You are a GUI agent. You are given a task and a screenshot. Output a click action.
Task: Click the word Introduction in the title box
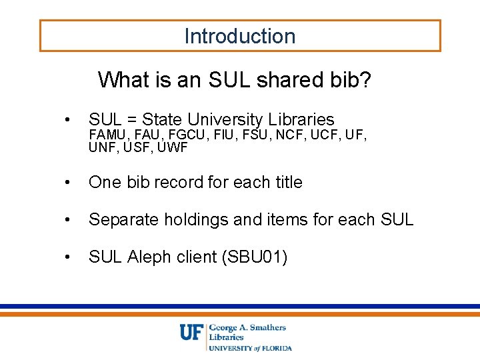click(240, 36)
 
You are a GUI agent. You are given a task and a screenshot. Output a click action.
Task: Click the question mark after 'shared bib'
click(365, 80)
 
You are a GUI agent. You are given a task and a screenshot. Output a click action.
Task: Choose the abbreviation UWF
click(173, 147)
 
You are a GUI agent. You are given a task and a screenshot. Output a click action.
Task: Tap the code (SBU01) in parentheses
click(255, 256)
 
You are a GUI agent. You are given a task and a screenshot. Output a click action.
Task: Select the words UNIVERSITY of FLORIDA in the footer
click(251, 347)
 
